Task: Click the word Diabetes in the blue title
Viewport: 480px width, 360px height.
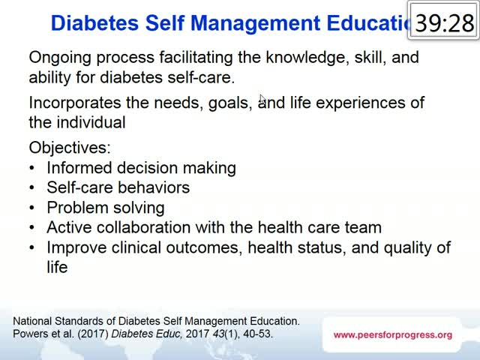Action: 94,23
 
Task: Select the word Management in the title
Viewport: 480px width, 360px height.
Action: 255,23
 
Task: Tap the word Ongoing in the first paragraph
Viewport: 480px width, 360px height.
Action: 60,58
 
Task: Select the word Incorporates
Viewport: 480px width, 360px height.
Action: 75,103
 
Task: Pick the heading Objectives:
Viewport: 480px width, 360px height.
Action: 70,148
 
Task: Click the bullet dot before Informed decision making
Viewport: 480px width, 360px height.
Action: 32,168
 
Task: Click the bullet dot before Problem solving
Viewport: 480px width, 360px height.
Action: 32,208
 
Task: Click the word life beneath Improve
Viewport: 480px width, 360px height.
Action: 57,267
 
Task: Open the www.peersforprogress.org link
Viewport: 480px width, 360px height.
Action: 393,335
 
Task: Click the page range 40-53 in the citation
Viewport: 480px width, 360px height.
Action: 257,334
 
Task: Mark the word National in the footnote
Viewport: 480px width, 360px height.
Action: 32,321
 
